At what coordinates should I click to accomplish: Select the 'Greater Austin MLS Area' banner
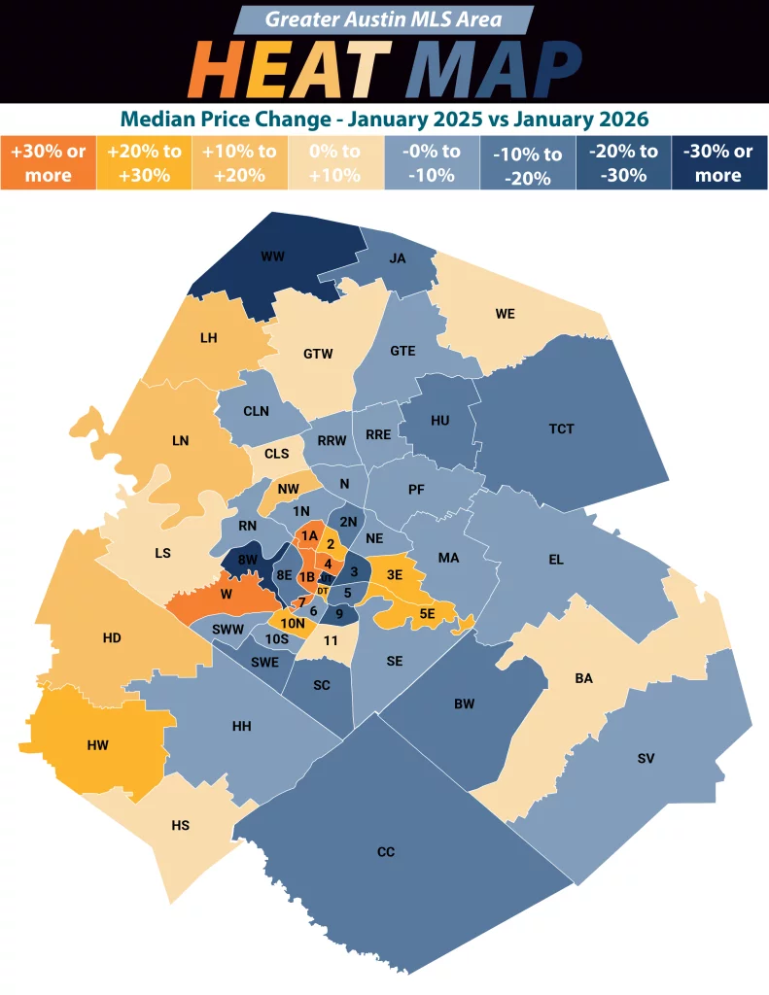(x=384, y=19)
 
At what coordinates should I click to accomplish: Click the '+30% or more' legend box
(x=48, y=163)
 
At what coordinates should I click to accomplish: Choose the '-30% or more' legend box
(x=718, y=163)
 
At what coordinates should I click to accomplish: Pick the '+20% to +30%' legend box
(x=144, y=163)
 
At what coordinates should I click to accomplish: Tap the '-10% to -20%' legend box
(x=527, y=163)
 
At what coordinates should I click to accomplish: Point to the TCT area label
(x=561, y=429)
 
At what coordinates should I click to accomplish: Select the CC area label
(x=386, y=852)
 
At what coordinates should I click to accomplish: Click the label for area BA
(x=583, y=679)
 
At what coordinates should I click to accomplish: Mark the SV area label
(x=647, y=757)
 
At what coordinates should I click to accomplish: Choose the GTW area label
(x=318, y=354)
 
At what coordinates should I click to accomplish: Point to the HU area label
(x=439, y=421)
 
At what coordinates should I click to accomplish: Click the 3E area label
(x=394, y=574)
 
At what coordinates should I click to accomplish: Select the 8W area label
(x=247, y=560)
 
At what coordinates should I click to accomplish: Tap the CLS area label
(x=277, y=453)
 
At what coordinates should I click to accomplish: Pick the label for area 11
(x=331, y=640)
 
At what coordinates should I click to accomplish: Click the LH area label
(x=207, y=337)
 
